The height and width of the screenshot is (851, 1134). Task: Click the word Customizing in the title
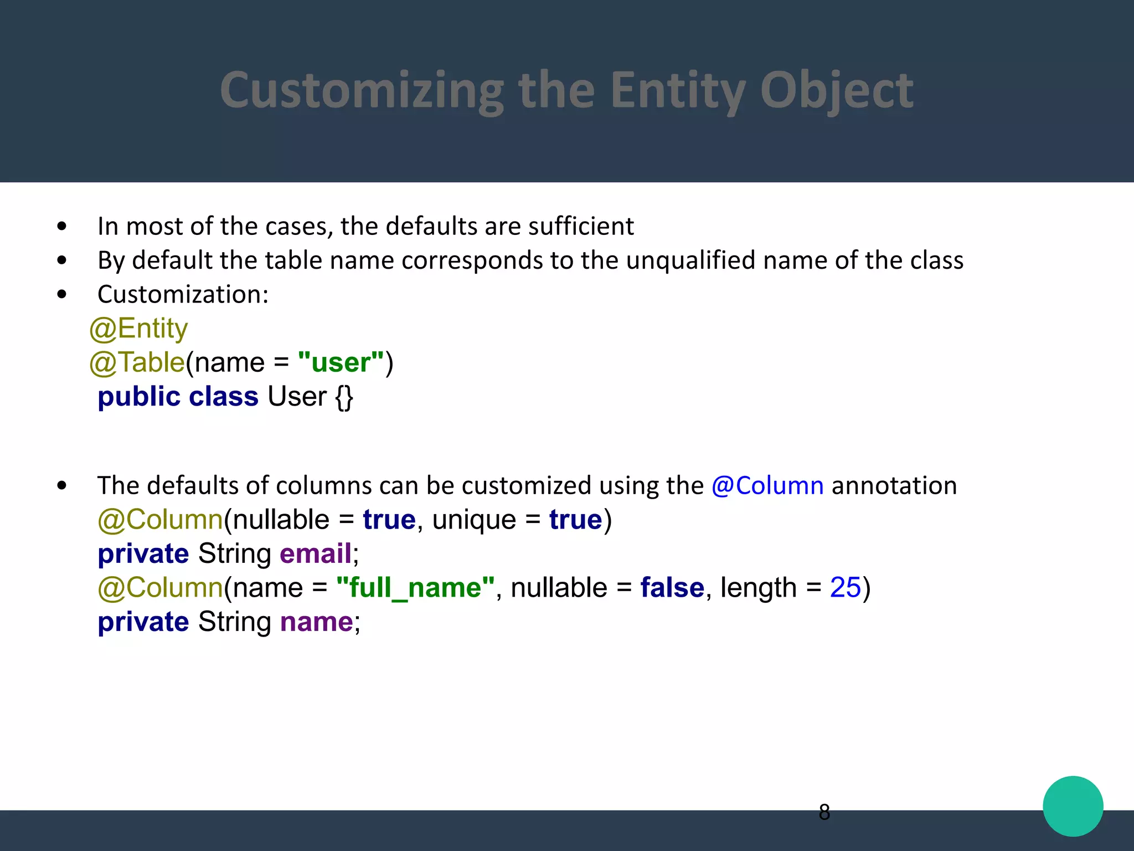coord(362,90)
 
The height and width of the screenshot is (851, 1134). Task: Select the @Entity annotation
coord(138,329)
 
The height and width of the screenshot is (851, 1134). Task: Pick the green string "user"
coord(341,363)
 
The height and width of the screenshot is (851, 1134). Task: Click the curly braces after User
coord(344,397)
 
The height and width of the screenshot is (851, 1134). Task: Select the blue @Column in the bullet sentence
coord(767,486)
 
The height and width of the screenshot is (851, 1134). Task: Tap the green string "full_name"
coord(415,588)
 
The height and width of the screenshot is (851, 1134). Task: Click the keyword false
coord(672,588)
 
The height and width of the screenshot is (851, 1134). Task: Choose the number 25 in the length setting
coord(845,588)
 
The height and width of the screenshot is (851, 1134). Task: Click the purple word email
coord(316,554)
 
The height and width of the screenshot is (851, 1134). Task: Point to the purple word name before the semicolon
coord(316,622)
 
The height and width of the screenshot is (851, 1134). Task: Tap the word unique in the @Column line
coord(474,520)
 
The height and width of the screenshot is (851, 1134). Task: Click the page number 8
coord(824,812)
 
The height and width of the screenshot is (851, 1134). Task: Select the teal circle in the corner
coord(1073,806)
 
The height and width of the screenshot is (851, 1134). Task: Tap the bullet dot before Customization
coord(62,294)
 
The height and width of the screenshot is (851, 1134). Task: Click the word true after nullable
coord(389,520)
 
